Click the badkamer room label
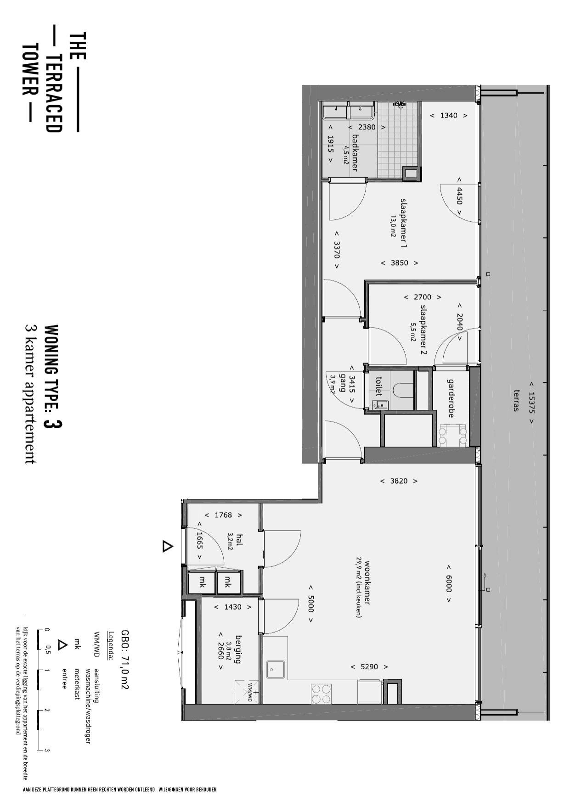354,153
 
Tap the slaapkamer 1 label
404,224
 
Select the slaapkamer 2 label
423,330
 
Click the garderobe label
451,398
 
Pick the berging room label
238,649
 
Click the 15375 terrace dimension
532,402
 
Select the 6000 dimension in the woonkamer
449,584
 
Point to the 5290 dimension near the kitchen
369,666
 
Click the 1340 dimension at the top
449,116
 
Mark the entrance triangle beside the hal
168,547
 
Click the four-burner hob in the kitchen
322,694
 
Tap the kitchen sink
276,669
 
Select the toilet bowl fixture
403,390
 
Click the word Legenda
110,645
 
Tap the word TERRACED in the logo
53,94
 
